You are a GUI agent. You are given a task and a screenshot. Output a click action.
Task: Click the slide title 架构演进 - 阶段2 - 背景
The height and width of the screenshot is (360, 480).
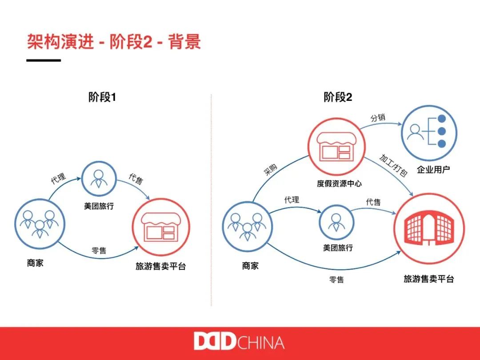[x=114, y=42]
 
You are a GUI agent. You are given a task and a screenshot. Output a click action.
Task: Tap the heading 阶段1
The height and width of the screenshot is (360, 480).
[x=102, y=97]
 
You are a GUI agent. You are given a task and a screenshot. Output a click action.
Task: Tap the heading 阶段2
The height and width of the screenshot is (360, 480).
[x=338, y=97]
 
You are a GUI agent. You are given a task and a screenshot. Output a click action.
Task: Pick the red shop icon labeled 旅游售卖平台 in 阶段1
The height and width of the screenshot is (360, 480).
[x=161, y=227]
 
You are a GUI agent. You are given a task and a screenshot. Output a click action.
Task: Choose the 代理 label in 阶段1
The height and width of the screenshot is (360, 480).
[x=58, y=179]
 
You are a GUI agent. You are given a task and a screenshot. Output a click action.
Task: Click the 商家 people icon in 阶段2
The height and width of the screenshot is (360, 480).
[x=248, y=227]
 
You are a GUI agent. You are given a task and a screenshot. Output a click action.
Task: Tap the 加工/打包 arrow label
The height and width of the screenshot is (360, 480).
[x=393, y=165]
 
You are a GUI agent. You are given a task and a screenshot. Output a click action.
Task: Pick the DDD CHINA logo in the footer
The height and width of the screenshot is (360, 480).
[x=239, y=343]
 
